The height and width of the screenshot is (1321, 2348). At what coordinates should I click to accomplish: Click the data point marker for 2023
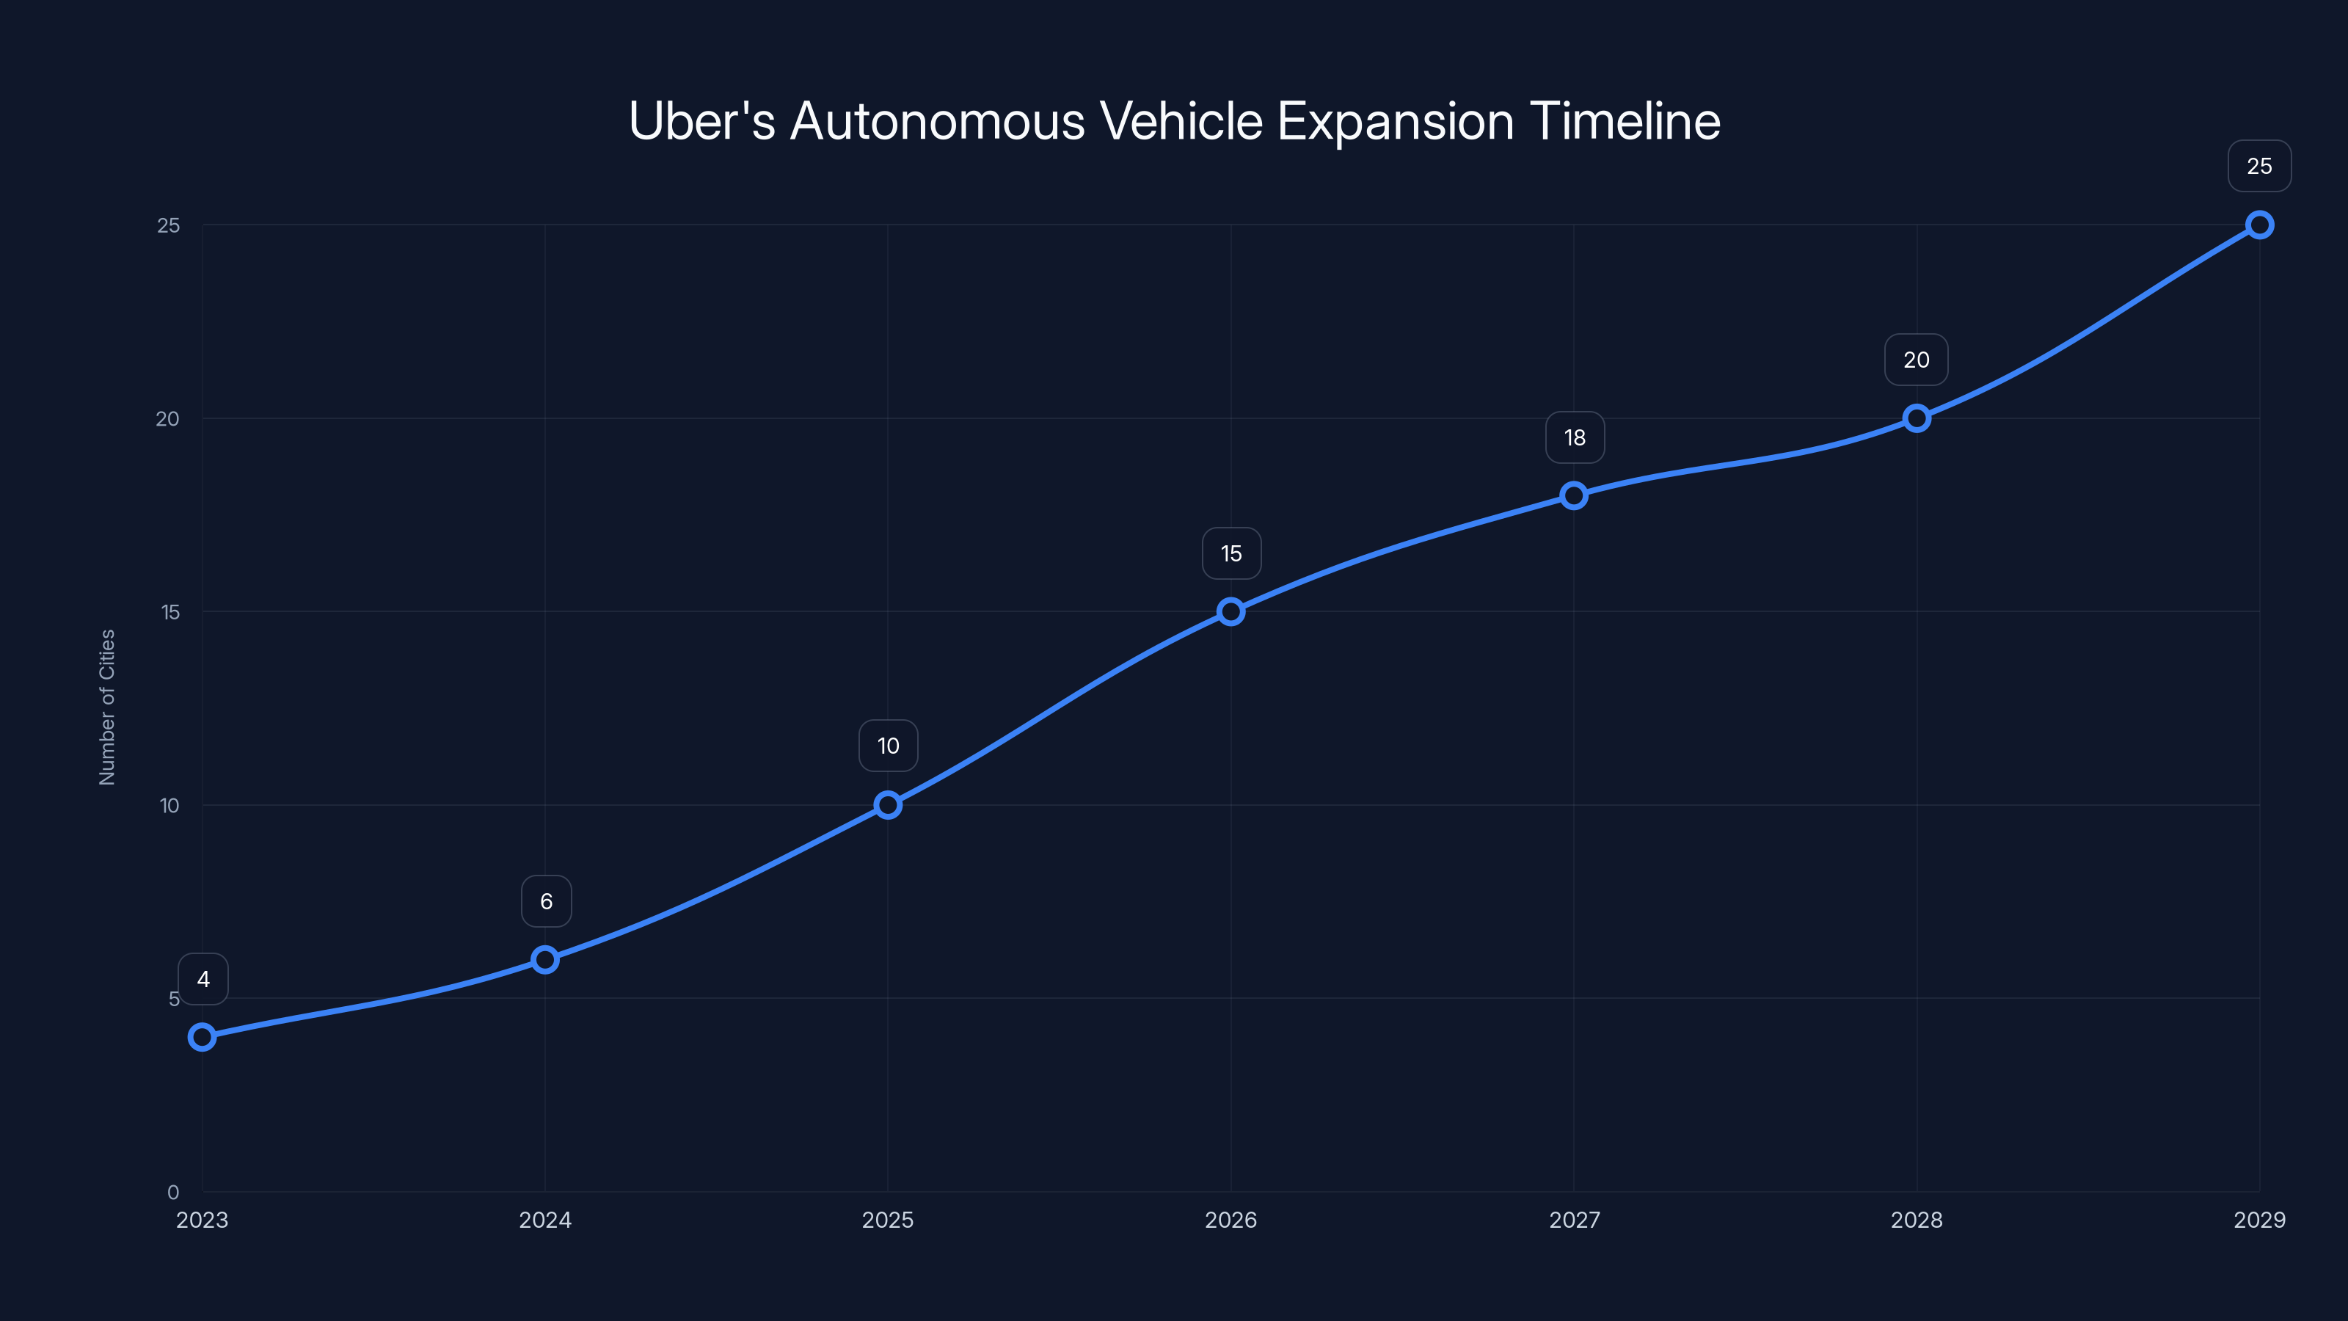tap(203, 1036)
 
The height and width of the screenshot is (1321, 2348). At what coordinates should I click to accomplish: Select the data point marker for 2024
tap(545, 959)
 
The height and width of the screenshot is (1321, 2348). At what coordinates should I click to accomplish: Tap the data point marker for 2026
tap(1230, 611)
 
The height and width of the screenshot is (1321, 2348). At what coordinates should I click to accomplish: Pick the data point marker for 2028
tap(1916, 418)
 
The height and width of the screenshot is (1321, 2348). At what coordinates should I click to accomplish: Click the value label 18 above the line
tap(1574, 437)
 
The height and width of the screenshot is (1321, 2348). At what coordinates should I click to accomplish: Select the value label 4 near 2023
tap(203, 979)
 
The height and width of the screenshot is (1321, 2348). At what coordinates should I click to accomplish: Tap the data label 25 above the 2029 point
tap(2258, 166)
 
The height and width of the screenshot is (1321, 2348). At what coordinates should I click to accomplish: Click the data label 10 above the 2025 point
tap(888, 746)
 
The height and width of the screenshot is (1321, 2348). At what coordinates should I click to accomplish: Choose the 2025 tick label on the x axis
tap(888, 1220)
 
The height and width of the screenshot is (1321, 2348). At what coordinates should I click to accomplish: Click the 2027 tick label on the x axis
tap(1574, 1220)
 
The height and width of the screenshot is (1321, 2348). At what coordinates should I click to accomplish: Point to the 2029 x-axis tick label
tap(2258, 1220)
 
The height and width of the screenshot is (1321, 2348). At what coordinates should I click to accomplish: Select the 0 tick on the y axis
tap(173, 1192)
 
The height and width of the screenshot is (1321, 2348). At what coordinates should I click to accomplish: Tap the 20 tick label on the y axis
tap(168, 418)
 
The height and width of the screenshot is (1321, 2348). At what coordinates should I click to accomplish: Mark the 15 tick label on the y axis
tap(170, 612)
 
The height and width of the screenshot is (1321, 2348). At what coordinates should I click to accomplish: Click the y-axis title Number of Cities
tap(106, 707)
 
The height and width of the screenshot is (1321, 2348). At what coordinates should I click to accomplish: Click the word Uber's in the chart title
tap(702, 121)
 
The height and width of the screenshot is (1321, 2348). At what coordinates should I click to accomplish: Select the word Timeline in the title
tap(1625, 121)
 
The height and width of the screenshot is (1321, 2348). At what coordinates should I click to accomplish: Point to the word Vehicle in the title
tap(1181, 121)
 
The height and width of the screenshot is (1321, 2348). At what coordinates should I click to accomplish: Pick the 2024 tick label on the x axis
tap(545, 1220)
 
